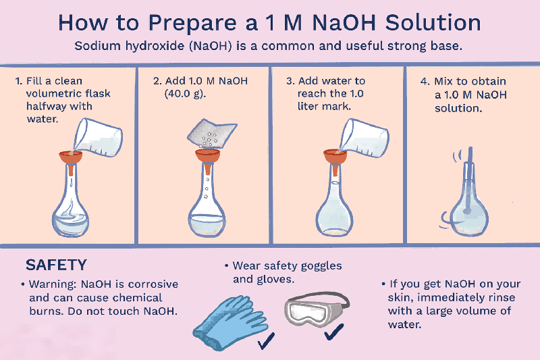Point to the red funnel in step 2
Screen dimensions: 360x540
tap(208, 157)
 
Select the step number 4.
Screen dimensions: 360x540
tap(424, 81)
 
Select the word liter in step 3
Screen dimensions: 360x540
tap(300, 107)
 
